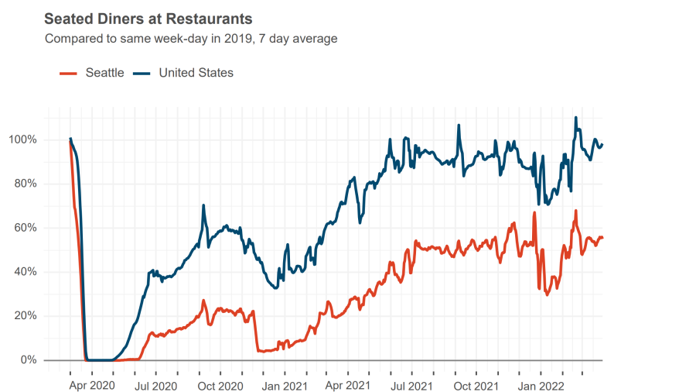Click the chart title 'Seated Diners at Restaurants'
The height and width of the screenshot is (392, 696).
coord(148,18)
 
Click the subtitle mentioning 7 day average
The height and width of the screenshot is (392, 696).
coord(191,38)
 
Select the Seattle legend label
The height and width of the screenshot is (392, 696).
coord(104,73)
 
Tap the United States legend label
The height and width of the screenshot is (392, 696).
coord(196,73)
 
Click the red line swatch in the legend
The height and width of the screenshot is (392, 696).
coord(68,73)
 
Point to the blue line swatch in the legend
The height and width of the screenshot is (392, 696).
coord(142,73)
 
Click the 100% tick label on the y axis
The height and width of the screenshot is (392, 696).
coord(22,140)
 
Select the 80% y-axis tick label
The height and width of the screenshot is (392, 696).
coord(25,184)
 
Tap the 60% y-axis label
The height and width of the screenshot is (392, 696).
coord(25,229)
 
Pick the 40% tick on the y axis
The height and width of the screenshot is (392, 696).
coord(25,272)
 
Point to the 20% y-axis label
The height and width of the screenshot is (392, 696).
coord(25,316)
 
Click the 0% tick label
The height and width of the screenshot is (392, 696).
coord(28,360)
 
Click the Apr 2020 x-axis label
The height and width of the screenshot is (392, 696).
coord(92,385)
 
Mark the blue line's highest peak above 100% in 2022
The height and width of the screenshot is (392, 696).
coord(575,118)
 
